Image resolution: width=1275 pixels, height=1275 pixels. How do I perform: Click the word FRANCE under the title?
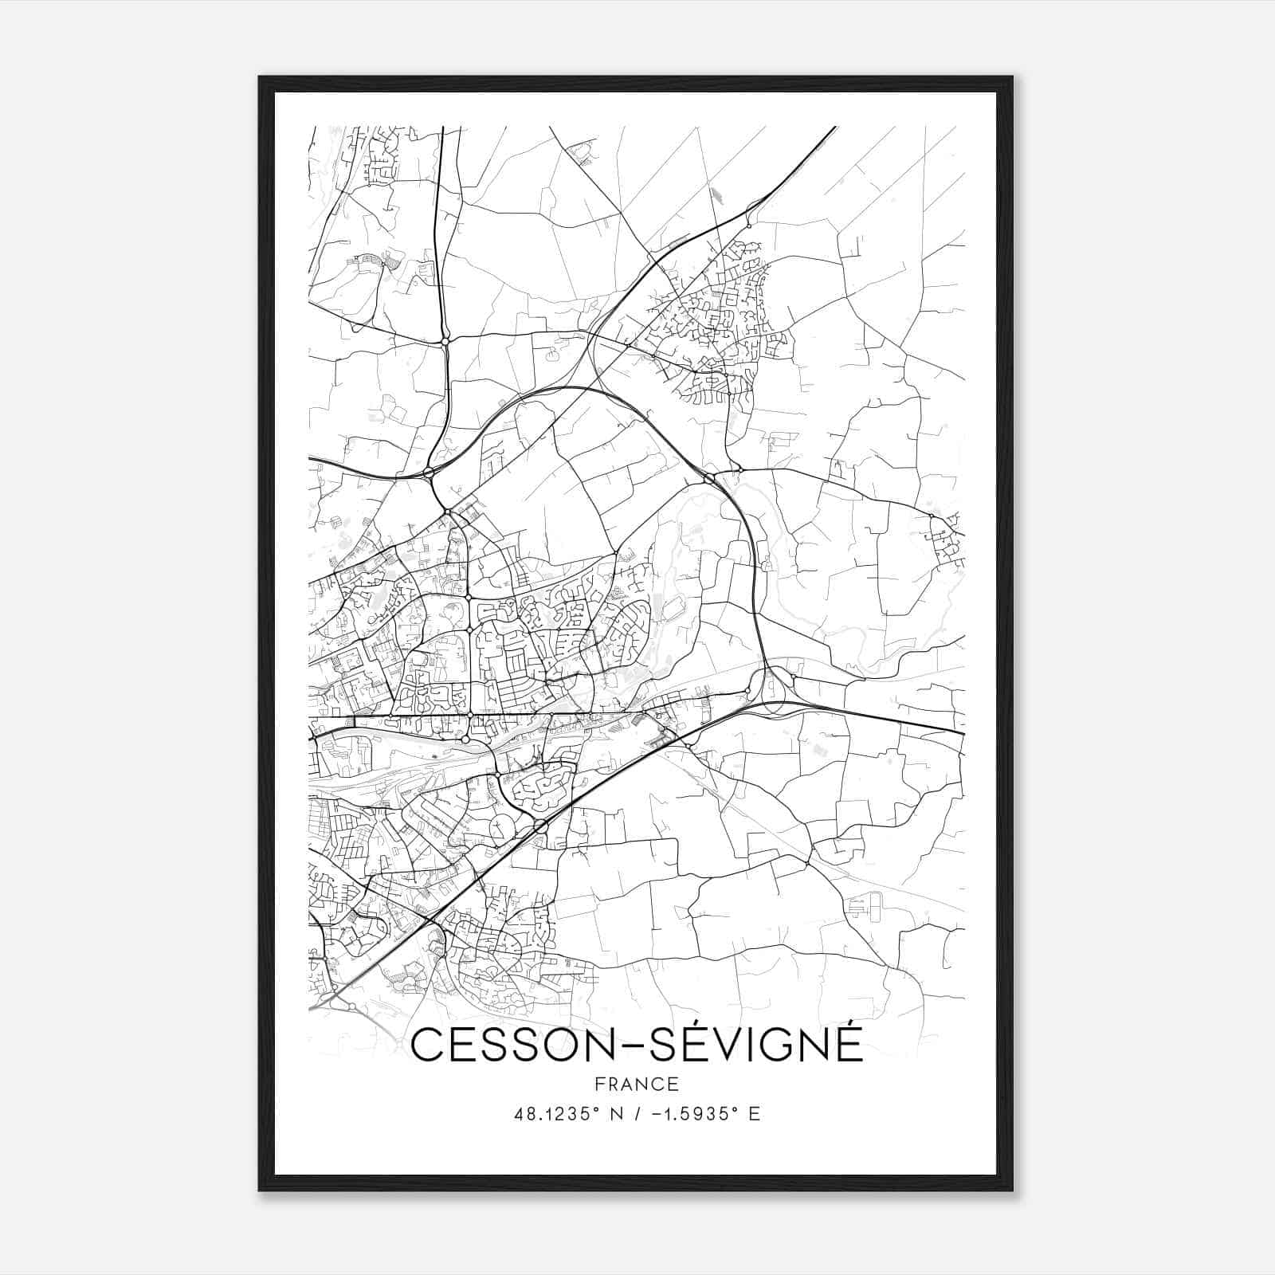(637, 1084)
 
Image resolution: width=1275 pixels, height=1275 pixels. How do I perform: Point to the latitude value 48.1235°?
(556, 1114)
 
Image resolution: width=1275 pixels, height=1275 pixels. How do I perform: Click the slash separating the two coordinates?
(637, 1114)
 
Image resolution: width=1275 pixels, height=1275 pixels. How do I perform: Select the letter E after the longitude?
(755, 1114)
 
